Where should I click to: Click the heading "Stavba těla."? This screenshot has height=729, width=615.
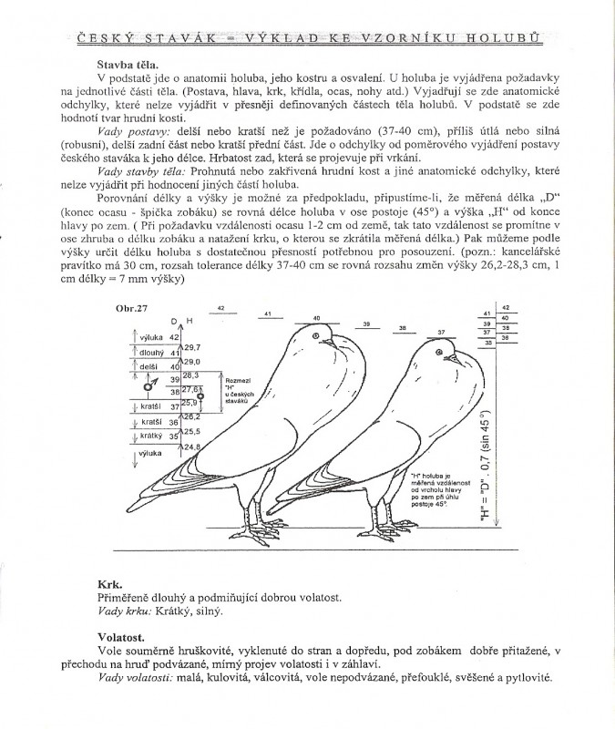point(127,65)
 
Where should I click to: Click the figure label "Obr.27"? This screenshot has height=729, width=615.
point(130,310)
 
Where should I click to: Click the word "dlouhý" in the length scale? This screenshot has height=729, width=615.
point(151,352)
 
